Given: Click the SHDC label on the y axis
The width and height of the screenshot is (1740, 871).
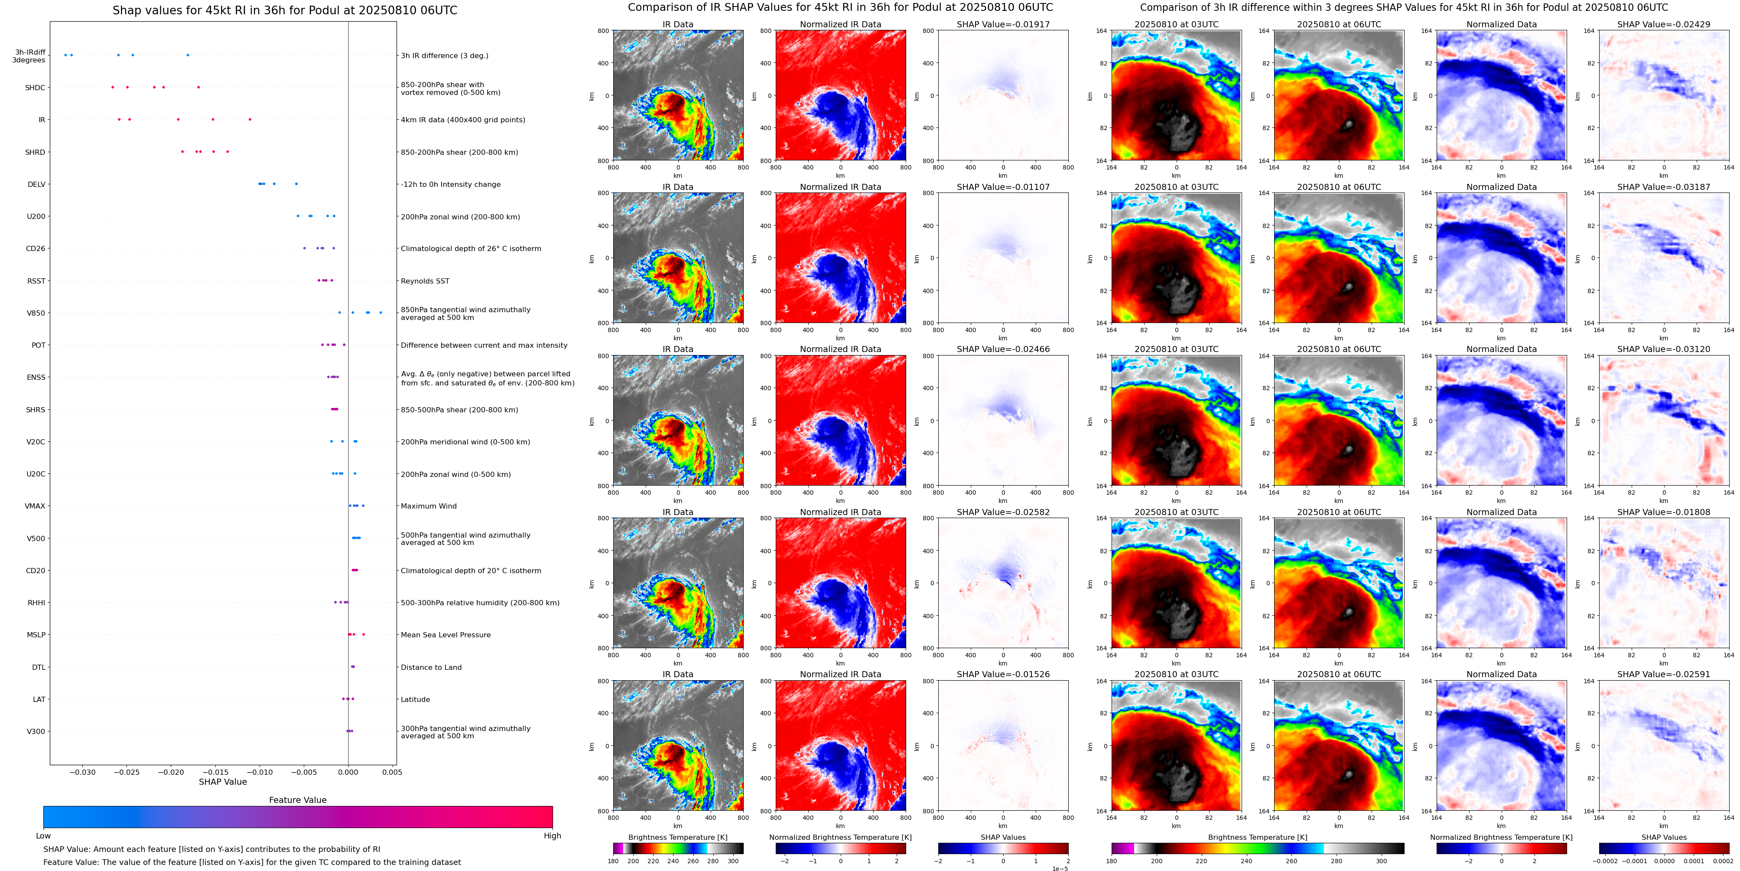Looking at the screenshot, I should tap(35, 88).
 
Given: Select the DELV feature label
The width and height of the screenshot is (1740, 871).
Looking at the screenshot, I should tap(36, 184).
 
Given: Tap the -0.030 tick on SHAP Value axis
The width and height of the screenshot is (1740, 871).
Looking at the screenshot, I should tap(83, 772).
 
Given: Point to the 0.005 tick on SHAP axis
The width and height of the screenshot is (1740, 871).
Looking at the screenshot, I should tap(392, 772).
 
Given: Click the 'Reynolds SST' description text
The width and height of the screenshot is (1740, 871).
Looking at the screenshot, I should tap(425, 281).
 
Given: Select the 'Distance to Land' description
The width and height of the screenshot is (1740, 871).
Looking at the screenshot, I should tap(431, 668).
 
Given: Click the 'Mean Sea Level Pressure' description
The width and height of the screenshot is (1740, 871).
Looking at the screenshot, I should tap(445, 635).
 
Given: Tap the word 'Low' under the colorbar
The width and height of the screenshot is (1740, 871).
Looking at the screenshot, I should tap(43, 836).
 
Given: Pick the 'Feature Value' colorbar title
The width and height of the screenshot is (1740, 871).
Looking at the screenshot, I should tap(297, 800).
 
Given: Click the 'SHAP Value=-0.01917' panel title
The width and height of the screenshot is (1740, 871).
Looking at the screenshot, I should tap(1003, 24).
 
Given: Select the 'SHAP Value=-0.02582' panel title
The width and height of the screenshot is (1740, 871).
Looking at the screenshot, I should tap(1003, 512).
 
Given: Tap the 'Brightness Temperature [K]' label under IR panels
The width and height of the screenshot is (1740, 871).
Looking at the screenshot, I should tap(677, 837).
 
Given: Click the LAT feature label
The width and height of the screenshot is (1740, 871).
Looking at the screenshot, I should tap(39, 699).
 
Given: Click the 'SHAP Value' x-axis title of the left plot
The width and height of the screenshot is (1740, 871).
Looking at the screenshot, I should tap(222, 782).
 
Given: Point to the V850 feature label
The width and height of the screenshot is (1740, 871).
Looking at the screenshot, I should tap(36, 313).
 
